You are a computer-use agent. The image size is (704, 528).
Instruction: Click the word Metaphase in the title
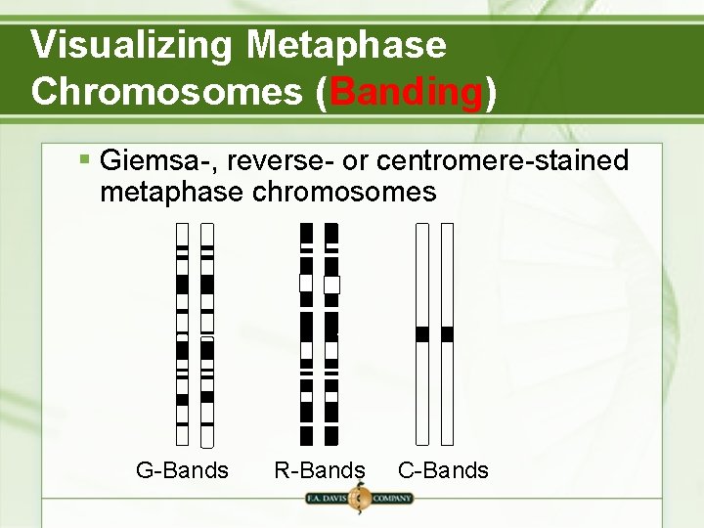click(x=346, y=45)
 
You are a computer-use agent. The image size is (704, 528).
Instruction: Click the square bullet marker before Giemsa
click(x=85, y=157)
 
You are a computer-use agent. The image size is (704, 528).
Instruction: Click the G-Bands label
click(x=182, y=470)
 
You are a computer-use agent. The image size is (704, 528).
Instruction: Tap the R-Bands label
click(x=320, y=470)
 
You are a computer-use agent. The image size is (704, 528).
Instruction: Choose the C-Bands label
click(x=443, y=470)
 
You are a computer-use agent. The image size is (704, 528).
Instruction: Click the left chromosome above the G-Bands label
click(x=182, y=332)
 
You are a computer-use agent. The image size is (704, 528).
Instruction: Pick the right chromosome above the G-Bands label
click(x=207, y=332)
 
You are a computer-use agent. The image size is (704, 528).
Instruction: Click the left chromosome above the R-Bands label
click(x=306, y=332)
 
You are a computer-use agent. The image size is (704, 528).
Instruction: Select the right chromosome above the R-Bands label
click(x=331, y=332)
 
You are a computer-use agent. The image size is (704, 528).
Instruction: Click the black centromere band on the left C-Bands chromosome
click(x=422, y=334)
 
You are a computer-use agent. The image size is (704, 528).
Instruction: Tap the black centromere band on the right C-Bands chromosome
click(x=448, y=334)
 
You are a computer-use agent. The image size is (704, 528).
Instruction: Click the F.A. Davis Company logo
click(x=359, y=499)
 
